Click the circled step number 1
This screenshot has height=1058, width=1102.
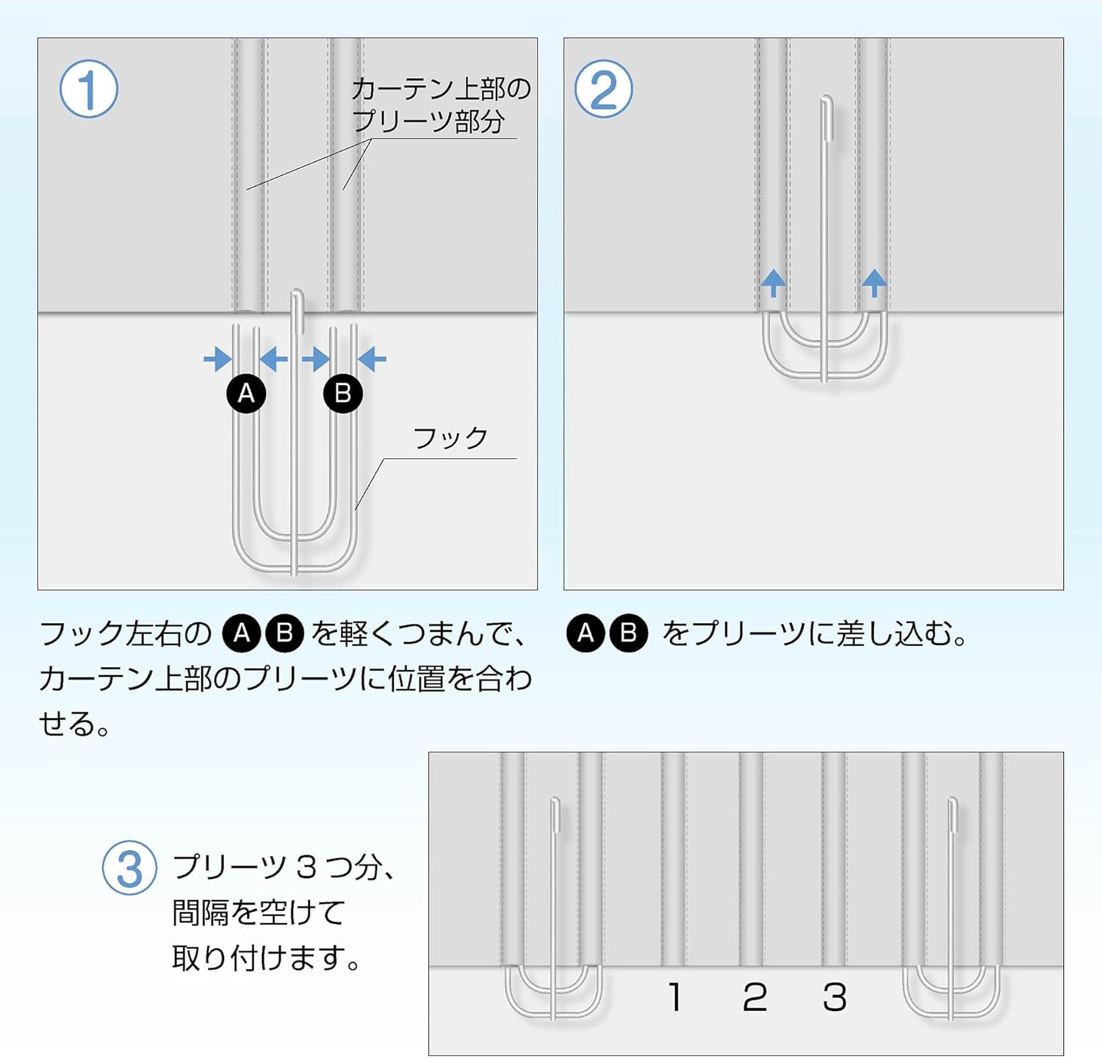click(x=89, y=89)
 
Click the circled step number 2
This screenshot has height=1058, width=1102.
click(x=603, y=89)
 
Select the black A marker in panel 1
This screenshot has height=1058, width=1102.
click(x=246, y=393)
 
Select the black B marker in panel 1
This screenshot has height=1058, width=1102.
click(x=343, y=393)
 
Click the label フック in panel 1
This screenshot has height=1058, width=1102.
click(x=450, y=438)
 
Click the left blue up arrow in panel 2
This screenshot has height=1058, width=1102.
click(x=773, y=282)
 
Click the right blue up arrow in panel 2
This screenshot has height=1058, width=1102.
click(x=874, y=282)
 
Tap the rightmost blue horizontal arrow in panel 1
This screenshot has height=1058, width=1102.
click(x=372, y=359)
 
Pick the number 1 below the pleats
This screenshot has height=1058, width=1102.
click(x=675, y=997)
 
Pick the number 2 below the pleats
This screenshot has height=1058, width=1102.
click(x=755, y=997)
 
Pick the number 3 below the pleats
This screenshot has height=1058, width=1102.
click(x=835, y=997)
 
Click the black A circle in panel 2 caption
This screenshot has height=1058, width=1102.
click(x=586, y=633)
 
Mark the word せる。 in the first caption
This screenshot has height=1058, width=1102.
click(x=74, y=724)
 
